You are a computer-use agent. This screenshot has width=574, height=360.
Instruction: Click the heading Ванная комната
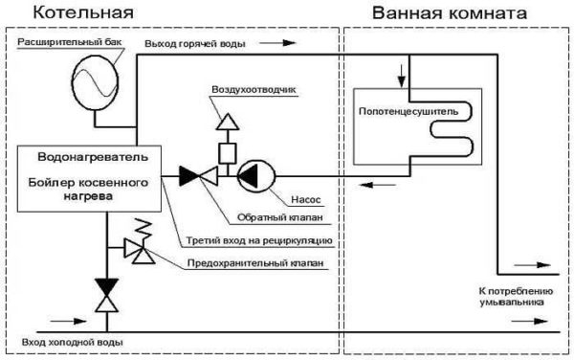[436, 13]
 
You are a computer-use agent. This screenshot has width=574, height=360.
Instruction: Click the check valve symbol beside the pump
[199, 175]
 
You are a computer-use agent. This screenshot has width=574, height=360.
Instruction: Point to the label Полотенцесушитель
[411, 112]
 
